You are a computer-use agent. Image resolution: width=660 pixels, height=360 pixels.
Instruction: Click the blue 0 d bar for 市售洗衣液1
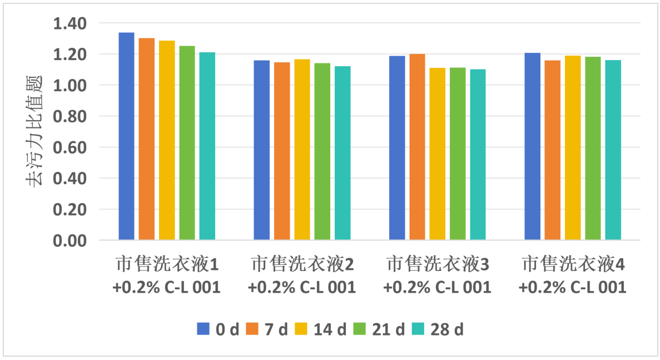tap(126, 136)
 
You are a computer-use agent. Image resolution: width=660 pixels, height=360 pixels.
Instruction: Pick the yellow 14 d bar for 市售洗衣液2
tap(302, 150)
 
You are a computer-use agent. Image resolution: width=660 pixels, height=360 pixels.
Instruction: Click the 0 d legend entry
tap(217, 329)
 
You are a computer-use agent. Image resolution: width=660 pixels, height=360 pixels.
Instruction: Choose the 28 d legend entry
tap(437, 329)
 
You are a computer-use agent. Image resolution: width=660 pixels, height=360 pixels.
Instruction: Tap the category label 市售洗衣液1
tap(167, 265)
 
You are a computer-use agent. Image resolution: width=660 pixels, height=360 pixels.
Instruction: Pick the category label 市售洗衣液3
tap(438, 265)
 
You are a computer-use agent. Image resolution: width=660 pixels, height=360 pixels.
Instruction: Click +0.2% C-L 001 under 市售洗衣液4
tap(573, 288)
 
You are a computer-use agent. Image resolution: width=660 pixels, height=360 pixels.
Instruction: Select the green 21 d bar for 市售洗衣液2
tap(322, 151)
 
